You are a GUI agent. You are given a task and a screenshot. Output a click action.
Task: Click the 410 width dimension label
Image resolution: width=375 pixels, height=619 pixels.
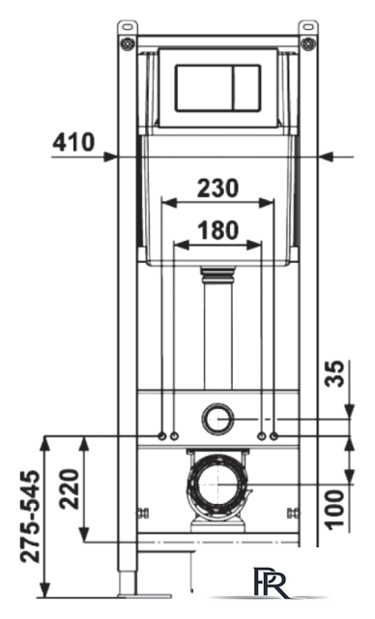(x=74, y=142)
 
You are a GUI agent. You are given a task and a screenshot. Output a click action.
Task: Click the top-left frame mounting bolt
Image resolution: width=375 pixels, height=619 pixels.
(x=126, y=42)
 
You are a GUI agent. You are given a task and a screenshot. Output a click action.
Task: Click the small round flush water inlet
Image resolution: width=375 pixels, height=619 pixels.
(x=217, y=419)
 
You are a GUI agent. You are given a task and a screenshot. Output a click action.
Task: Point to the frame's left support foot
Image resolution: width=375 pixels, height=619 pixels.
(x=127, y=585)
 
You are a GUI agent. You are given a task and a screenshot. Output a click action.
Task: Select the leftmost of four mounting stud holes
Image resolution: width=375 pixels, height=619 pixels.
(x=160, y=436)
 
